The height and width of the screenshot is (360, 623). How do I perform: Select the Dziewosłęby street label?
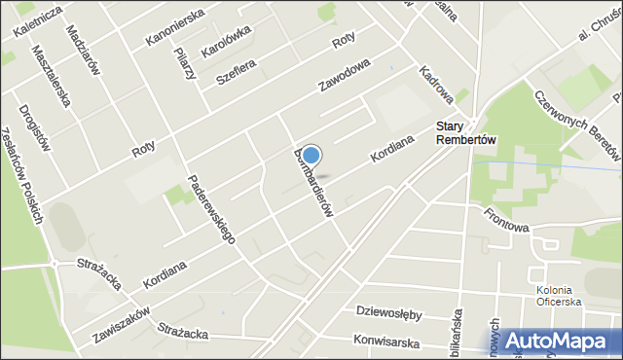coord(388,314)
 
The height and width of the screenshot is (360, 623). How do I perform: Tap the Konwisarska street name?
coord(386,342)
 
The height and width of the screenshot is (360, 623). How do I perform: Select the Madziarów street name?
coord(86,50)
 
